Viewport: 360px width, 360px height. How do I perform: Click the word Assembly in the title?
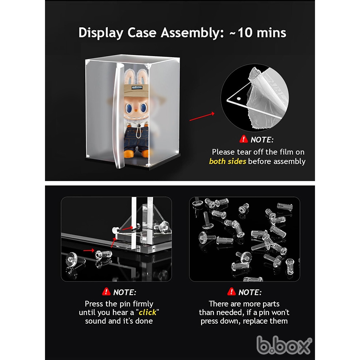192,33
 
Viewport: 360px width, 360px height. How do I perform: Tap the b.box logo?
284,345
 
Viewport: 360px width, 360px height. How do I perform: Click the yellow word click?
147,312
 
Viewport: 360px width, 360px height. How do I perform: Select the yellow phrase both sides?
228,161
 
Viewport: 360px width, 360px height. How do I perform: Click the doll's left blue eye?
129,108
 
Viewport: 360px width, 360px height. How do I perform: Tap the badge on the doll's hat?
137,87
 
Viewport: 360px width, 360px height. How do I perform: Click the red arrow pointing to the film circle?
202,116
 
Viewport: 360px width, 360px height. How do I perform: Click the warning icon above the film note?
244,139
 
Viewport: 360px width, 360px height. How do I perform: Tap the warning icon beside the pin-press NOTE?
106,292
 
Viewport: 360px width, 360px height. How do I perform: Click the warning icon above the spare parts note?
231,292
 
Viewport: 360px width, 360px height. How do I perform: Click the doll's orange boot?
129,154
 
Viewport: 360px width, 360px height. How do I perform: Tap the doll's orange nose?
136,111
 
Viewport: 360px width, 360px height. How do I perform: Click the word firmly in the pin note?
143,304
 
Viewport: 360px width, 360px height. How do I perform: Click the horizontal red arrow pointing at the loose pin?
89,250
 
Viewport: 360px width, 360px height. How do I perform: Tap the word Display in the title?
101,33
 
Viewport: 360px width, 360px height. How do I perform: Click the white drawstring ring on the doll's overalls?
139,133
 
